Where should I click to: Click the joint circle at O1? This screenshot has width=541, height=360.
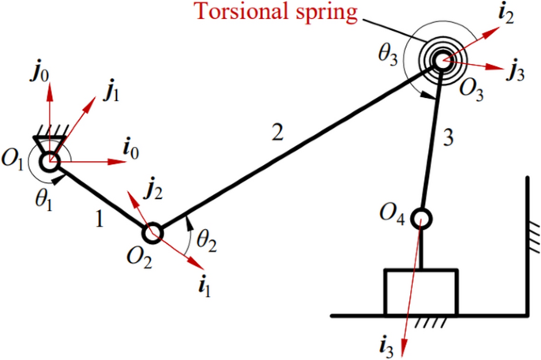point(50,161)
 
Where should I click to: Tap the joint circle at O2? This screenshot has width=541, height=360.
point(153,232)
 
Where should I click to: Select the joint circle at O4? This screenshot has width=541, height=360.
point(421,216)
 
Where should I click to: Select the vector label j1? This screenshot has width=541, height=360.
point(112,92)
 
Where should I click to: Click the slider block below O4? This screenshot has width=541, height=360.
point(420,292)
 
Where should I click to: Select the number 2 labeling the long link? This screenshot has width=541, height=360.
point(275,133)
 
